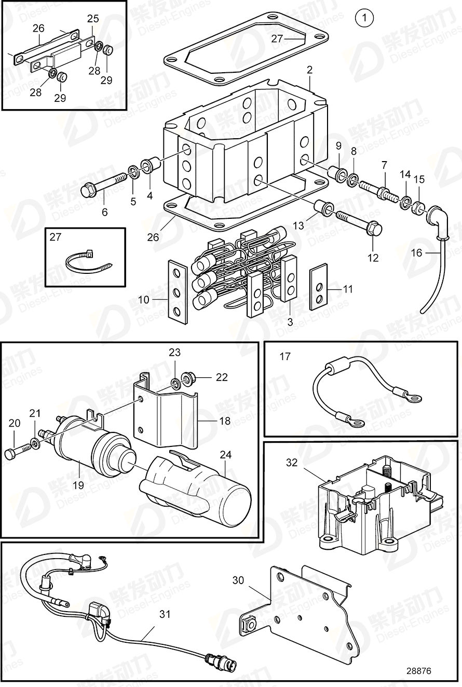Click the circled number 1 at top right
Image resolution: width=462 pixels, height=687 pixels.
point(364,18)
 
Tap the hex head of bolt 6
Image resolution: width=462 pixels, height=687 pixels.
point(88,190)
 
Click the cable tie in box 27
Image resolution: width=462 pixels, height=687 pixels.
point(88,261)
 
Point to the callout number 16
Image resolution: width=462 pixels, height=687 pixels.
point(416,253)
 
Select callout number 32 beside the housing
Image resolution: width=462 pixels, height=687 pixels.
point(292,462)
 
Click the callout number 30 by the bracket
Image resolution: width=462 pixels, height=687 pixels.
point(238,580)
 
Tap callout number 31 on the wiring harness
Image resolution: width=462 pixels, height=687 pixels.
point(165,614)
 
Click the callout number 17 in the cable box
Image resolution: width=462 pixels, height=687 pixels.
point(285,356)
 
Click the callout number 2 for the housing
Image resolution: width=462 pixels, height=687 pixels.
point(309,69)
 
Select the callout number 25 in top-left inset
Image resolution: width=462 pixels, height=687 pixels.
point(92,18)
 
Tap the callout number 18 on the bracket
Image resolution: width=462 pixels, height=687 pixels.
point(224,421)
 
